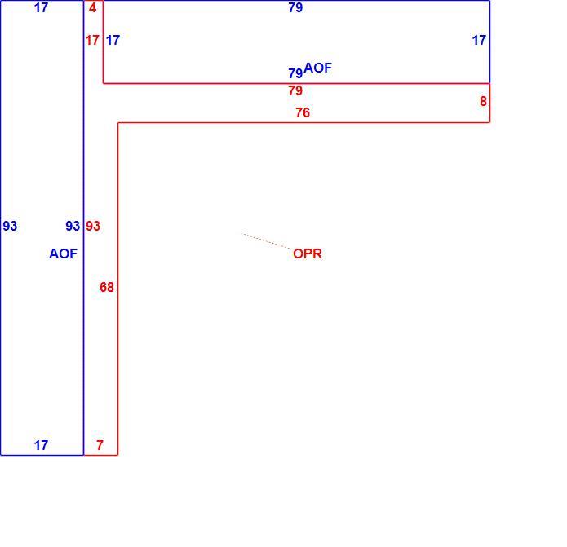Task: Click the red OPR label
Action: (308, 254)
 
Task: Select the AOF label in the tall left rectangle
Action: (64, 254)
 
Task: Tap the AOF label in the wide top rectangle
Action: (318, 68)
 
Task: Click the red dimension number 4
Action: (92, 7)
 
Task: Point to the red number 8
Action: (483, 101)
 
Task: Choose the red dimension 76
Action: (303, 112)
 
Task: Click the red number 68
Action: (107, 287)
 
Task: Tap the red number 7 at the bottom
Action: (100, 445)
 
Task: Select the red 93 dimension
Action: (93, 226)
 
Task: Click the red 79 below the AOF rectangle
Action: (295, 90)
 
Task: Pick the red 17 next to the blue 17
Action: (92, 40)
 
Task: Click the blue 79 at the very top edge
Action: (295, 7)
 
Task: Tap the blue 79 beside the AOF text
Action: (295, 73)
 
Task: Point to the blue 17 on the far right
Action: (479, 40)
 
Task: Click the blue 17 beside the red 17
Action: (113, 40)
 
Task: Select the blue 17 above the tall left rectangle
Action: (41, 7)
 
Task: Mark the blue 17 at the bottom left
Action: (41, 445)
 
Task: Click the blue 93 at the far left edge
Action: (10, 226)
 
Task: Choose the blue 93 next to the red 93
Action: (73, 226)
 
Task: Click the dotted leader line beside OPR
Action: (267, 241)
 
